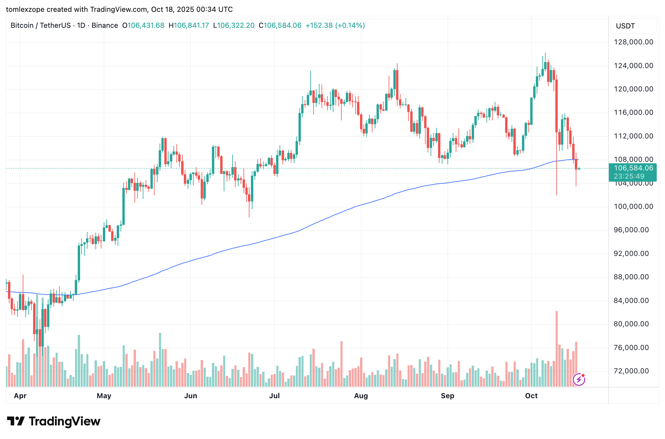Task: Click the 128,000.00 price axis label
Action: [633, 42]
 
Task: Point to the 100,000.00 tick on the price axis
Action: [633, 206]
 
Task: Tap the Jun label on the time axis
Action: [191, 396]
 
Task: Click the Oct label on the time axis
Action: [531, 396]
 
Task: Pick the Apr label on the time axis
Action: [20, 396]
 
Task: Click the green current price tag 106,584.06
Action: [633, 168]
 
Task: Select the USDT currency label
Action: [625, 26]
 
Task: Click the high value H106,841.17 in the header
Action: [189, 25]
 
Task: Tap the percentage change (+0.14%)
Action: [350, 25]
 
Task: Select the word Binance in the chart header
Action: [105, 25]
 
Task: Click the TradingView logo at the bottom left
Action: [53, 421]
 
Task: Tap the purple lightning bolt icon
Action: [579, 380]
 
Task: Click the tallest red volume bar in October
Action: [557, 349]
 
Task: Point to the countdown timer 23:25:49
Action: [629, 176]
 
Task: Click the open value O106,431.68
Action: [143, 25]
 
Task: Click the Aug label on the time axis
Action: [361, 396]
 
